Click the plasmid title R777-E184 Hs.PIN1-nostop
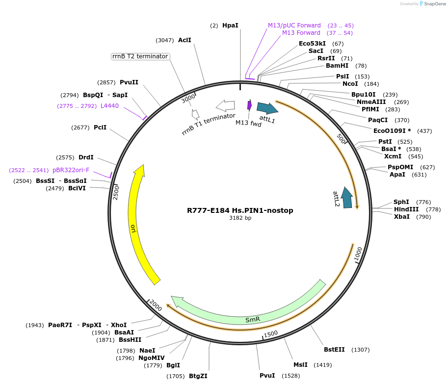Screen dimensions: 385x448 point(240,210)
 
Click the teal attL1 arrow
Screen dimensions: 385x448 point(267,108)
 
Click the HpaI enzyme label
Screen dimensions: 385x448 point(230,25)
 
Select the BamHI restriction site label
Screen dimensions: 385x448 point(337,66)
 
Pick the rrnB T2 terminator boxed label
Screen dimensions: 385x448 point(140,56)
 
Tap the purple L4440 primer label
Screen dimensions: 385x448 point(109,105)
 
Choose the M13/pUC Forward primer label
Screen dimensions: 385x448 point(294,25)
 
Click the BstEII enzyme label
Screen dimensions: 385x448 point(334,350)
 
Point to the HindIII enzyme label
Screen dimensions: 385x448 point(406,209)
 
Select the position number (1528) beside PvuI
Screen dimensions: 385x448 point(290,376)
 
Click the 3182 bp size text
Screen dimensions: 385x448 point(240,218)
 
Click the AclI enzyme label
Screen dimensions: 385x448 point(184,40)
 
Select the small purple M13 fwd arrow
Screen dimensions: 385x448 point(249,105)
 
